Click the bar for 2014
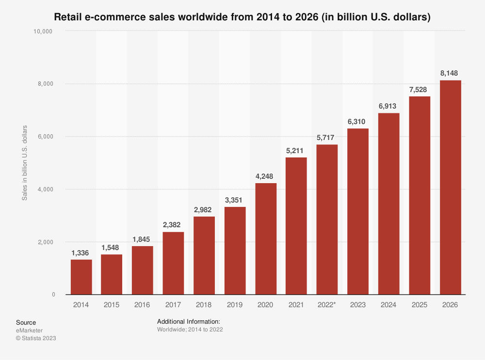[81, 277]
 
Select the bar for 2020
[266, 238]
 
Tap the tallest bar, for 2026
[450, 187]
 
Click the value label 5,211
[296, 150]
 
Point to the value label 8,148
[450, 73]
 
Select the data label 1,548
[112, 247]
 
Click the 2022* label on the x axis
[327, 305]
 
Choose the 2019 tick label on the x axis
[235, 305]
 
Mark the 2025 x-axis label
[420, 305]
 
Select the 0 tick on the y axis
[53, 295]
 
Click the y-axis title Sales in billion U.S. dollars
[24, 163]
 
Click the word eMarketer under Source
[29, 330]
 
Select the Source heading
[26, 322]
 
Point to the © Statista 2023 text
[36, 338]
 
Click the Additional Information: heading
[189, 322]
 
